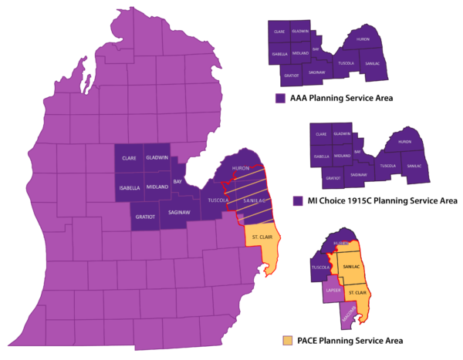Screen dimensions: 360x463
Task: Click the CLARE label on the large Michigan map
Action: [x=129, y=158]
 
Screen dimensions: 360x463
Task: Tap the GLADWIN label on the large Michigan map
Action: [x=157, y=158]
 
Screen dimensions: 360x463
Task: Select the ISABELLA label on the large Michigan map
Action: [x=129, y=187]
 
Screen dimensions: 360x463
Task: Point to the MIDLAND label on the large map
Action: [x=157, y=187]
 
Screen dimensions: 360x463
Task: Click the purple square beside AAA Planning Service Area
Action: [x=281, y=98]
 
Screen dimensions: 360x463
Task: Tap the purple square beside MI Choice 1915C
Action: [x=298, y=200]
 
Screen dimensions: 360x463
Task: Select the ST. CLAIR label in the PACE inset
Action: [x=356, y=294]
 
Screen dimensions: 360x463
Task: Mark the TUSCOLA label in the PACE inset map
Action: [x=321, y=267]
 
